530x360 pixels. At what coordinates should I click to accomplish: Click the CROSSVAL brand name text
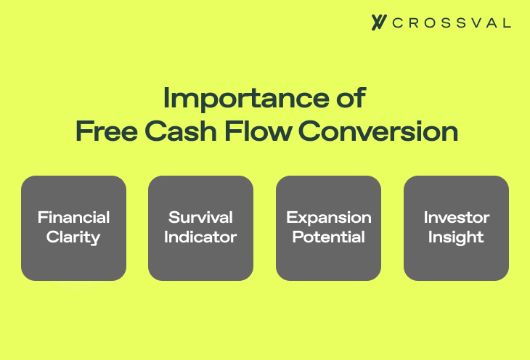click(451, 22)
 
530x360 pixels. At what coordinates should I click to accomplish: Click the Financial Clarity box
click(73, 228)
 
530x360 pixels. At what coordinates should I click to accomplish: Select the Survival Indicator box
click(200, 228)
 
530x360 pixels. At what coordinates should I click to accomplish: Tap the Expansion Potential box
click(328, 228)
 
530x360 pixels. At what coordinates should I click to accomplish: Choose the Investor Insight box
click(456, 228)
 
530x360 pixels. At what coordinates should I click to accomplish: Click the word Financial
click(73, 218)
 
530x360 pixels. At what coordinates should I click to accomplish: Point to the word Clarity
click(73, 237)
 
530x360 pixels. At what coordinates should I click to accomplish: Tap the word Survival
click(200, 218)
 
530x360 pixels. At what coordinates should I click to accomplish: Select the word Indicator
click(200, 237)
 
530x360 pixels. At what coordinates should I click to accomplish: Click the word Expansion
click(328, 218)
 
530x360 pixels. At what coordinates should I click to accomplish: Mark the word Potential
click(328, 237)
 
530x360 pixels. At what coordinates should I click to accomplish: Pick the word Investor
click(456, 218)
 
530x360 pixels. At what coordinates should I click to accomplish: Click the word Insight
click(456, 237)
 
